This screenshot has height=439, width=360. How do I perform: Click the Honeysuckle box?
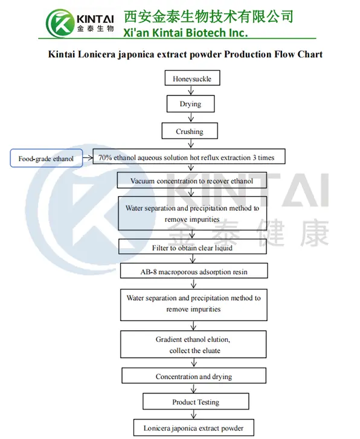[x=191, y=79]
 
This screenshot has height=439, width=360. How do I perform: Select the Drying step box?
[x=191, y=104]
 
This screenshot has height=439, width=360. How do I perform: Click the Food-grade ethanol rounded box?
[x=46, y=159]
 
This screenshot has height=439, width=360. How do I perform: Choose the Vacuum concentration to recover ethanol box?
[x=191, y=181]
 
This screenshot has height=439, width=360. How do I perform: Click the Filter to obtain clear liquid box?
[x=192, y=247]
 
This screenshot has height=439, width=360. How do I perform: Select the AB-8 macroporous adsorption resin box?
[x=194, y=272]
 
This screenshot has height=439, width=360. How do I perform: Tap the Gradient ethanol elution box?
[x=193, y=344]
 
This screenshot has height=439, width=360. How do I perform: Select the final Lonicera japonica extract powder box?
[x=193, y=428]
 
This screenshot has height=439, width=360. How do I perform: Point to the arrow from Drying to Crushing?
[x=191, y=118]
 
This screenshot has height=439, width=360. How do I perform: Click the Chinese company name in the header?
[x=208, y=16]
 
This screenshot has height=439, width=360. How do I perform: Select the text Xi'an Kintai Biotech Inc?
[x=185, y=32]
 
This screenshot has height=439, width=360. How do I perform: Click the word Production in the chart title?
[x=252, y=54]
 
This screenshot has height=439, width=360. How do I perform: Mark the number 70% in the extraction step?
[x=106, y=158]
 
